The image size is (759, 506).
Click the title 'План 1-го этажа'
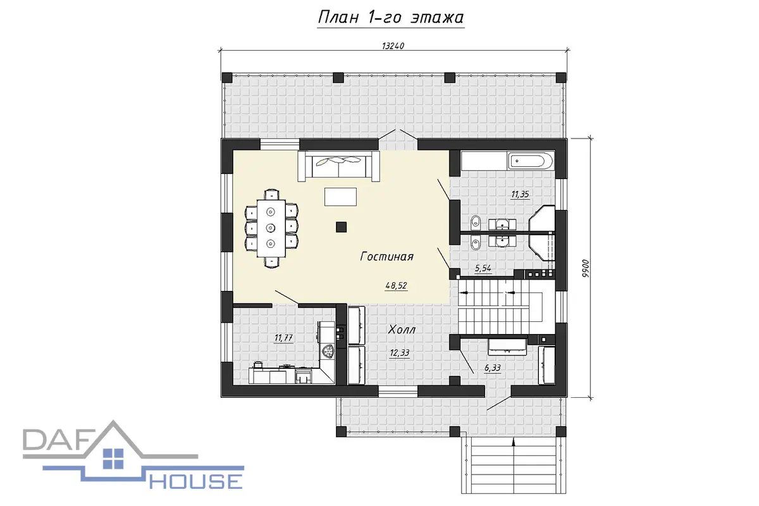(391, 18)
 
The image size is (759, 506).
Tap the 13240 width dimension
(393, 46)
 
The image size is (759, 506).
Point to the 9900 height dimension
(586, 268)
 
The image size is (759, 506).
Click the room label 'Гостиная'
(386, 256)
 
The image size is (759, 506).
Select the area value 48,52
(396, 286)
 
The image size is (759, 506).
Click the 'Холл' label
(402, 330)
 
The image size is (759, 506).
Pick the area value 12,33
(400, 353)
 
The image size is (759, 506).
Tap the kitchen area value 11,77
(283, 338)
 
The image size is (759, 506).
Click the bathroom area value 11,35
(520, 194)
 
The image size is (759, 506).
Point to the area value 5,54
(483, 268)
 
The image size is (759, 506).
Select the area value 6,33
(492, 367)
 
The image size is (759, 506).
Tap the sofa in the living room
(338, 166)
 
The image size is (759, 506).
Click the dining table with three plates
(271, 228)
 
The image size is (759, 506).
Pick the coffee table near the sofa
(340, 197)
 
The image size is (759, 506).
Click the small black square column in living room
(341, 227)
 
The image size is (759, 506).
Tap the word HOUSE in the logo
(196, 481)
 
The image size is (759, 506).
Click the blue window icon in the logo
(113, 459)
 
